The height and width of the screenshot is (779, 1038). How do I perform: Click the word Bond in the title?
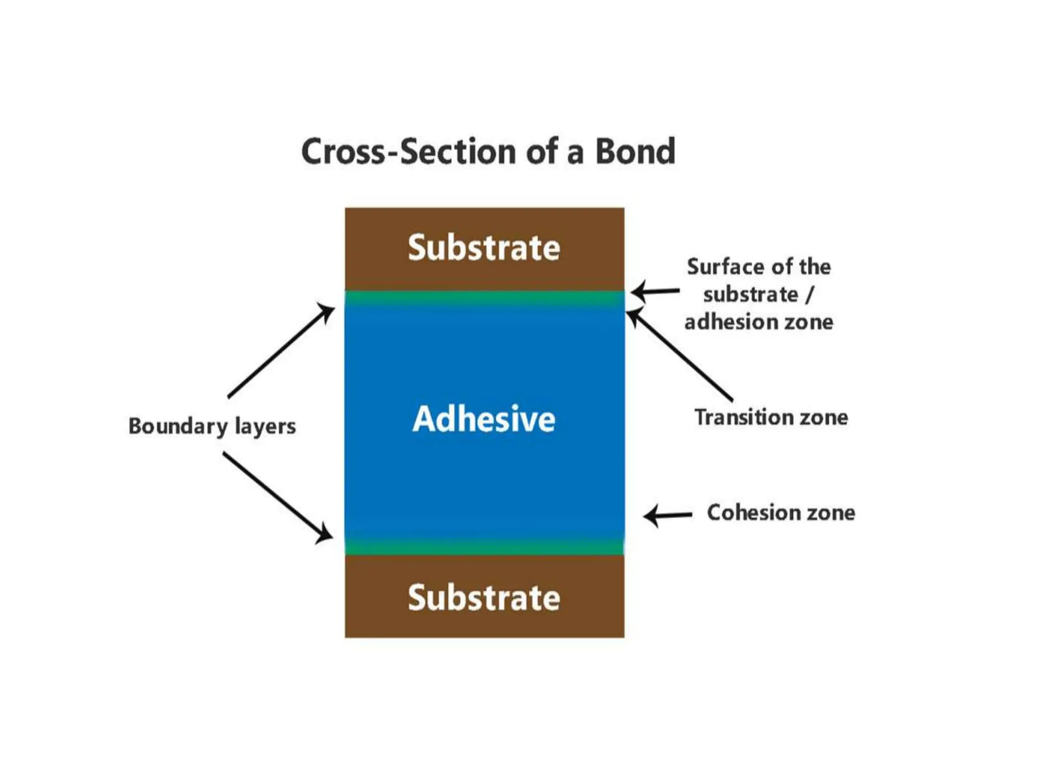tap(635, 151)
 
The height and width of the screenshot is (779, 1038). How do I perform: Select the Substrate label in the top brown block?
tap(484, 247)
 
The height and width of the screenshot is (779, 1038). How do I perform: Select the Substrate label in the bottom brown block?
tap(484, 597)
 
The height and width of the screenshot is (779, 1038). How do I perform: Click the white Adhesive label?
tap(484, 419)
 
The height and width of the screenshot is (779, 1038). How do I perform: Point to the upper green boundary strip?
tap(484, 297)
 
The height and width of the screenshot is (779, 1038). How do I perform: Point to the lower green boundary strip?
tap(484, 547)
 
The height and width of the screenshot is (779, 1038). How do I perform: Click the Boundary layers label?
tap(212, 426)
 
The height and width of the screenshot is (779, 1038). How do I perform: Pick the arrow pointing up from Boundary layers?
tap(280, 350)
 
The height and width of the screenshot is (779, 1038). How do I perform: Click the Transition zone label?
tap(771, 417)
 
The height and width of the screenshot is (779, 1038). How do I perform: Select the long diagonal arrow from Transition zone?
tap(679, 355)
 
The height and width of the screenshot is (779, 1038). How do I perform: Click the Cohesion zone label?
tap(781, 512)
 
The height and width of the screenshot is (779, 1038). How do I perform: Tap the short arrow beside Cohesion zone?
tap(668, 515)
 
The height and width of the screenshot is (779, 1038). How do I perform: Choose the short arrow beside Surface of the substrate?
tap(655, 291)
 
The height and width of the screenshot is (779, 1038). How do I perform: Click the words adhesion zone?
tap(759, 322)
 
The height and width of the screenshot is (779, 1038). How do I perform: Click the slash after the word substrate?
tap(809, 295)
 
